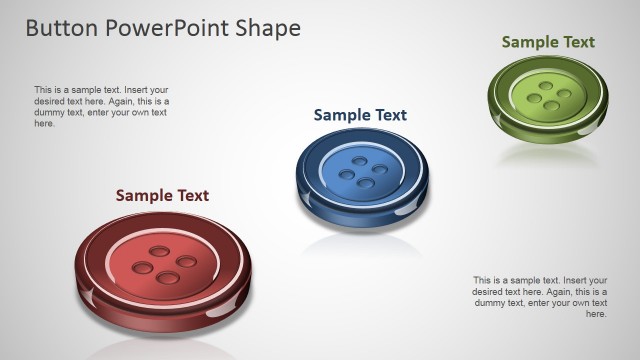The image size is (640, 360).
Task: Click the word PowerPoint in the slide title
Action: point(162,28)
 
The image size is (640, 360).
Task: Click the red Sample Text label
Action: point(162,195)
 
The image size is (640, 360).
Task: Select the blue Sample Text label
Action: point(360,115)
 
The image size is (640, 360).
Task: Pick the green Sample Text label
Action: point(548,42)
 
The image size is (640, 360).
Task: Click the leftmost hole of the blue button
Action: point(347,175)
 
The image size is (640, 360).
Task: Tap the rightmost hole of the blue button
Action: point(381,171)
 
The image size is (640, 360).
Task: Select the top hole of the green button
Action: point(549,85)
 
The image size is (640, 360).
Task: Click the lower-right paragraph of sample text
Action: point(540,297)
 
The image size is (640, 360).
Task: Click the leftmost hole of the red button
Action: point(143,268)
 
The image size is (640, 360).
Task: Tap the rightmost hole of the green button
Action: point(564,95)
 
